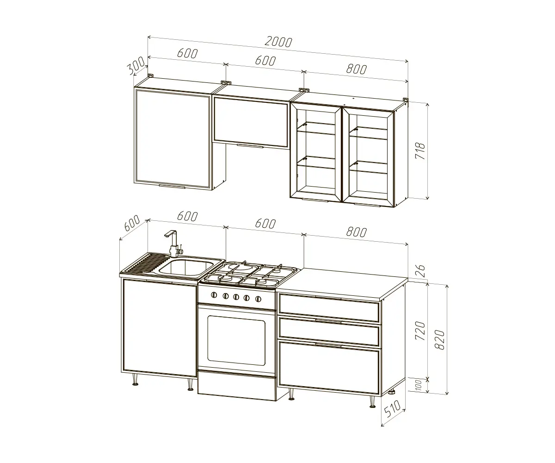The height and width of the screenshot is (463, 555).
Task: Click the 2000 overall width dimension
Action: (278, 42)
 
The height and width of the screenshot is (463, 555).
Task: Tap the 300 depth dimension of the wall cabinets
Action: (136, 65)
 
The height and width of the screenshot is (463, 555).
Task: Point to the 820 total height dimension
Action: (439, 339)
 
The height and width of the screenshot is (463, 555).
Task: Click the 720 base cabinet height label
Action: (420, 331)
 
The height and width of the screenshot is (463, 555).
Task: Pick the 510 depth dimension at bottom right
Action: (392, 409)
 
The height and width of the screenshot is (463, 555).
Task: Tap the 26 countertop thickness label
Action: (420, 271)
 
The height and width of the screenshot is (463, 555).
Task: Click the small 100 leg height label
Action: (419, 385)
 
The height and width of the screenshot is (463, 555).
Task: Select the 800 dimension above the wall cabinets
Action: (357, 69)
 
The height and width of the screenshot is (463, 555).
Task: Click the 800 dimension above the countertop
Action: (357, 232)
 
